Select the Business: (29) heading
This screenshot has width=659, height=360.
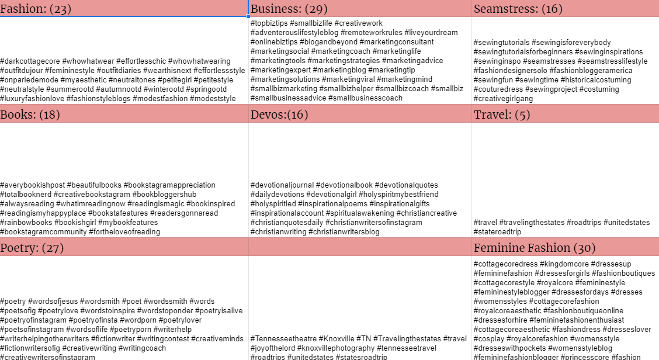point(289,9)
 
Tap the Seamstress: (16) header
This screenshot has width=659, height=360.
point(518,9)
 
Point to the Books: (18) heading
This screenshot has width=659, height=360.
point(30,115)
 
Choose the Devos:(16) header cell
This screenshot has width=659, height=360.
point(279,115)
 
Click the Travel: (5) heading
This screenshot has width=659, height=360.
point(502,115)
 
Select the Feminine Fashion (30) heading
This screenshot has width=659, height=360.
point(535,248)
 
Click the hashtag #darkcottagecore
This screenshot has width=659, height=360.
point(30,61)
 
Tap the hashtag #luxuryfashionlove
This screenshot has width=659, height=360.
point(32,99)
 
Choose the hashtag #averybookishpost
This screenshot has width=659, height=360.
point(32,185)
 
